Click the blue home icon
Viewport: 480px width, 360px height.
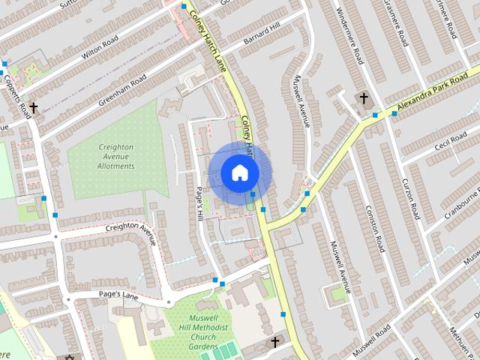pyautogui.click(x=238, y=172)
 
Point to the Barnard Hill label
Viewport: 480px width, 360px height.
pyautogui.click(x=260, y=34)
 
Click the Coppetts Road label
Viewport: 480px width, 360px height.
pyautogui.click(x=17, y=94)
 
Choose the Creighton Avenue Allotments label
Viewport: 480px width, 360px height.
pyautogui.click(x=115, y=156)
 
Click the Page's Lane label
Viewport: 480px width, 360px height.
pyautogui.click(x=120, y=295)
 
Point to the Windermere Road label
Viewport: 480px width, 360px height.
pyautogui.click(x=350, y=34)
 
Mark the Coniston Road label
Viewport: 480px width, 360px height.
pyautogui.click(x=375, y=228)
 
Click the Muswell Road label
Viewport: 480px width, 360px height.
pyautogui.click(x=372, y=342)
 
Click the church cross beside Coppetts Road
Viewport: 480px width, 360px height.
pyautogui.click(x=33, y=108)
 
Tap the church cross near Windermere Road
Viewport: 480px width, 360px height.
pyautogui.click(x=364, y=98)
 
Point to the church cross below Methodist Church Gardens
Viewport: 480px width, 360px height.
pyautogui.click(x=274, y=342)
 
